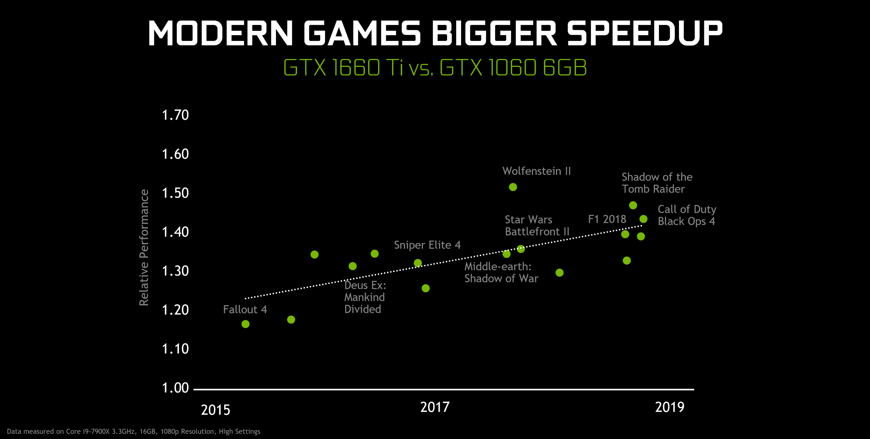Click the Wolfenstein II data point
coord(513,187)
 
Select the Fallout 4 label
coord(245,309)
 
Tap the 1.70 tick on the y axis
coord(175,115)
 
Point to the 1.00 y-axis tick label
coord(175,388)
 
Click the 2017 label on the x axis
coord(435,407)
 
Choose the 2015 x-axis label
coord(216,410)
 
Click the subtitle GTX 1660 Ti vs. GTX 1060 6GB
coord(435,67)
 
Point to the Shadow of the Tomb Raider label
coord(657,183)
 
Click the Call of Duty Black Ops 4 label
coord(687,215)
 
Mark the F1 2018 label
coord(607,219)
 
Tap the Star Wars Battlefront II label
coord(537,225)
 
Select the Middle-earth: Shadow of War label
coord(501,272)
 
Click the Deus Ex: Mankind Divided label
coord(365,297)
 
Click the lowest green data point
coord(245,324)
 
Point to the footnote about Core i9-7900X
coord(133,431)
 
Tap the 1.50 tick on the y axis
coord(175,193)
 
